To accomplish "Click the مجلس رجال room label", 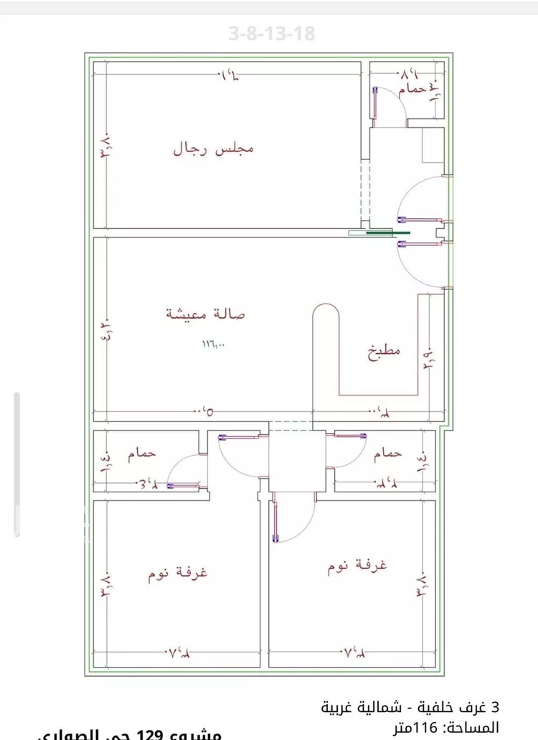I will pyautogui.click(x=213, y=149).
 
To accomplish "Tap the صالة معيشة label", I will pyautogui.click(x=206, y=314).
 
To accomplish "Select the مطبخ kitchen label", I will pyautogui.click(x=384, y=352).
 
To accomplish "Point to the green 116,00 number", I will pyautogui.click(x=213, y=345).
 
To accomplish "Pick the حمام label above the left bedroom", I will pyautogui.click(x=142, y=454).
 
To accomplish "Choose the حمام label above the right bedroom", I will pyautogui.click(x=387, y=454).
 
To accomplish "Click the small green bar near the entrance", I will pyautogui.click(x=388, y=233).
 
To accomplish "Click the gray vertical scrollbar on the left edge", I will pyautogui.click(x=17, y=464).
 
